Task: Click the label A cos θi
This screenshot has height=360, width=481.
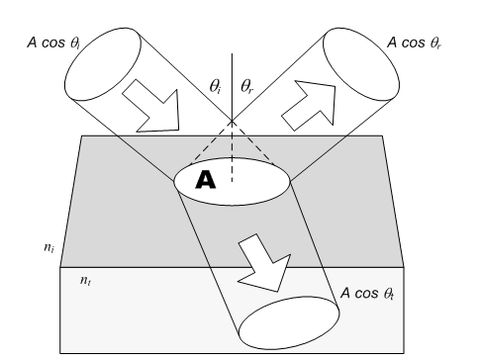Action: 53,43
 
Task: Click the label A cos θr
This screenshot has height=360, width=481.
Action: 414,43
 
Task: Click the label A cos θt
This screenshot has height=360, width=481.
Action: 367,293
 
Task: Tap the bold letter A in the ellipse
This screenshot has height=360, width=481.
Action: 206,180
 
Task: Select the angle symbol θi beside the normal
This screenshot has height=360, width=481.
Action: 216,87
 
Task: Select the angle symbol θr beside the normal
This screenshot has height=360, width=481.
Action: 247,87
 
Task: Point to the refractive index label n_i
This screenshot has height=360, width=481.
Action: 48,247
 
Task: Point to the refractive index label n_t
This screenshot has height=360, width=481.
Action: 85,280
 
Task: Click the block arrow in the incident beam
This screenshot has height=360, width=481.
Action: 151,107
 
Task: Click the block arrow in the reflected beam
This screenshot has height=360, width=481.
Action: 310,104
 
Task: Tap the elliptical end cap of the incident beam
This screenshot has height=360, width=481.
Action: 103,64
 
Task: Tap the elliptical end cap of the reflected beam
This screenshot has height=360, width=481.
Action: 361,64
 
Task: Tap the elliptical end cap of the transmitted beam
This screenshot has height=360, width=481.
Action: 289,323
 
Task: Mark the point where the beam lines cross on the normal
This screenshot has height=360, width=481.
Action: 232,121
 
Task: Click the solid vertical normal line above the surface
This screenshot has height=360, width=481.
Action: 232,87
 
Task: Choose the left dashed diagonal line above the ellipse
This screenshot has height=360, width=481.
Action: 211,142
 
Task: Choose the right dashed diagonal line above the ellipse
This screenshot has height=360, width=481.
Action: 253,142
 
